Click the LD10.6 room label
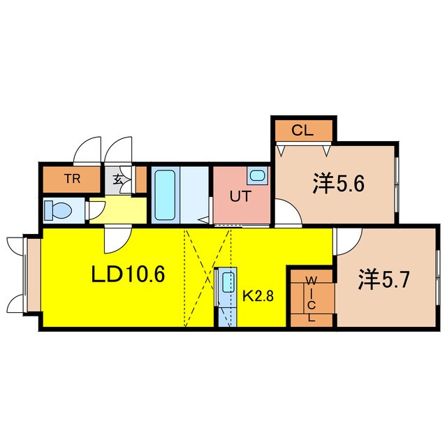129,275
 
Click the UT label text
240,196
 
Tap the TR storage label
72,179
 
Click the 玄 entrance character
116,179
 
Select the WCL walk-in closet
312,298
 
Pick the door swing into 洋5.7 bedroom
347,242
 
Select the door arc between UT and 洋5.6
287,211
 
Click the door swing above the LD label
115,240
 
